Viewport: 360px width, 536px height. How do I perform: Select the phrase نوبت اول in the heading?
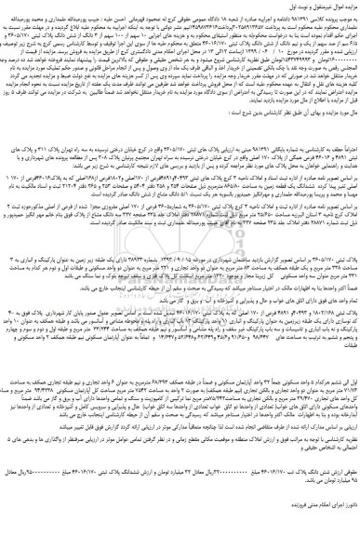pos(271,7)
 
